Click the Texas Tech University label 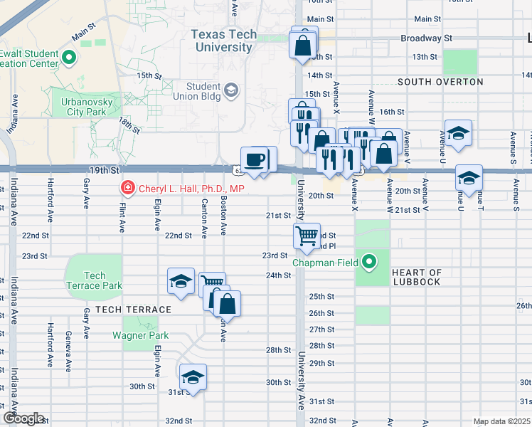coord(222,41)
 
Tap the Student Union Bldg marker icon coord(231,90)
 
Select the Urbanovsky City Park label coord(78,107)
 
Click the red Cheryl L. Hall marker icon coord(127,189)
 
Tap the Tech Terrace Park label coord(94,280)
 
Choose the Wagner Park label coord(139,335)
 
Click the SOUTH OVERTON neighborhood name coord(440,82)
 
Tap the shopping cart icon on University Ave coord(307,236)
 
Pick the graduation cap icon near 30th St coord(192,376)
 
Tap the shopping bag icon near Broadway coord(303,45)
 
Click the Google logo coord(23,418)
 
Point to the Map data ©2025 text coord(501,421)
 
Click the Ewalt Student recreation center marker coord(69,58)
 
